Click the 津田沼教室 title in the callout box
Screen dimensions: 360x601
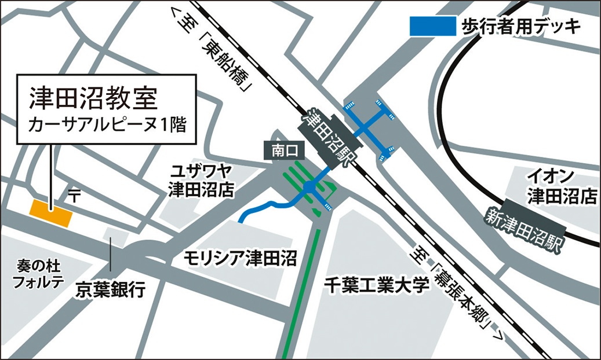(x=93, y=98)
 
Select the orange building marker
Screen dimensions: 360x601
(x=52, y=214)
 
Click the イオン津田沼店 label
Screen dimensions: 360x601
(x=558, y=186)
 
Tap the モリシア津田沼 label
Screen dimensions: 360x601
(x=239, y=256)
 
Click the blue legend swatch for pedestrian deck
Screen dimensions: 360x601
(x=432, y=26)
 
